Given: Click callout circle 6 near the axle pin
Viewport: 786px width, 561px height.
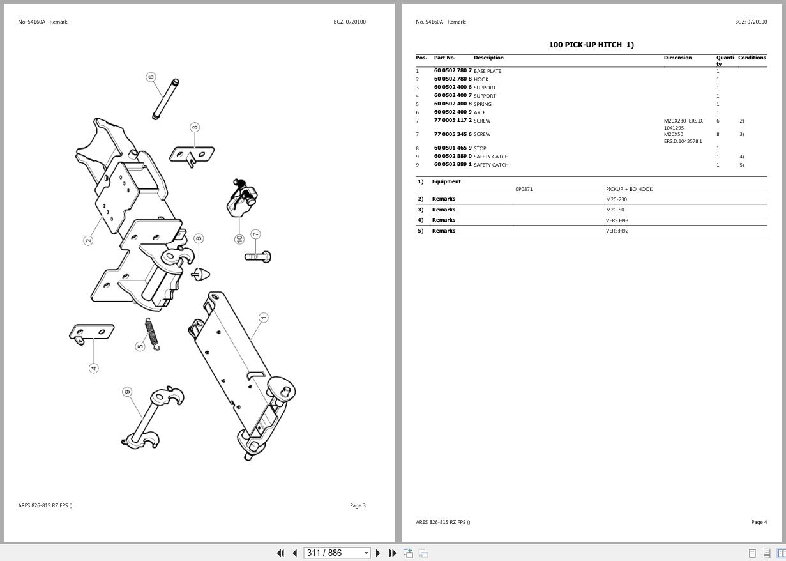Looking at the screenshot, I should pyautogui.click(x=151, y=77).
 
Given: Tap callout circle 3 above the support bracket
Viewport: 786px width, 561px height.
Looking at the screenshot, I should pyautogui.click(x=195, y=127).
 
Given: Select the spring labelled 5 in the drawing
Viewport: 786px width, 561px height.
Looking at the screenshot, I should pyautogui.click(x=152, y=334).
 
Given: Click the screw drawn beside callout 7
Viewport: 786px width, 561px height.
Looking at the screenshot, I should pyautogui.click(x=258, y=256).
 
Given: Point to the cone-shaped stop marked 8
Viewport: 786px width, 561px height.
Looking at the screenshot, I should pyautogui.click(x=199, y=273).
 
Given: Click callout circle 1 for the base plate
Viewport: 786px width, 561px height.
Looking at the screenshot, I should pyautogui.click(x=263, y=318).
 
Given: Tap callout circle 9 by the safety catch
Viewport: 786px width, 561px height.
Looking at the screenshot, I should pyautogui.click(x=127, y=392).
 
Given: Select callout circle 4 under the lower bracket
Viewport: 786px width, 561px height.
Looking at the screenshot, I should pyautogui.click(x=94, y=368).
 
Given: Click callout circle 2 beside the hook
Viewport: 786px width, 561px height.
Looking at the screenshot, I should pyautogui.click(x=88, y=240).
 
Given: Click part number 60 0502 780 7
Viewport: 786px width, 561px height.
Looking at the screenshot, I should pyautogui.click(x=453, y=71).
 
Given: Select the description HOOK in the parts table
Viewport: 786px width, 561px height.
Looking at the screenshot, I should pyautogui.click(x=481, y=79).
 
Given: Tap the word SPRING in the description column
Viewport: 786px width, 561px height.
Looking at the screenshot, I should pyautogui.click(x=483, y=104).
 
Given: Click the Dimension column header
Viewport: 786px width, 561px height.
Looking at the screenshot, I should pyautogui.click(x=677, y=58).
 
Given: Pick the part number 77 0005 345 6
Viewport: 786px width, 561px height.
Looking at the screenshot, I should pyautogui.click(x=453, y=134).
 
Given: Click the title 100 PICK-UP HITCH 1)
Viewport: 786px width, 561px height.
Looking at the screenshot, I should pyautogui.click(x=591, y=45).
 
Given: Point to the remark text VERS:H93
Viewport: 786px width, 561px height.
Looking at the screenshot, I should pyautogui.click(x=617, y=220).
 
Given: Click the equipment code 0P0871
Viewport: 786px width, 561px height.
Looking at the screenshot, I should pyautogui.click(x=524, y=189).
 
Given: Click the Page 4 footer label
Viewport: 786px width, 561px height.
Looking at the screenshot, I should pyautogui.click(x=759, y=522).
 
